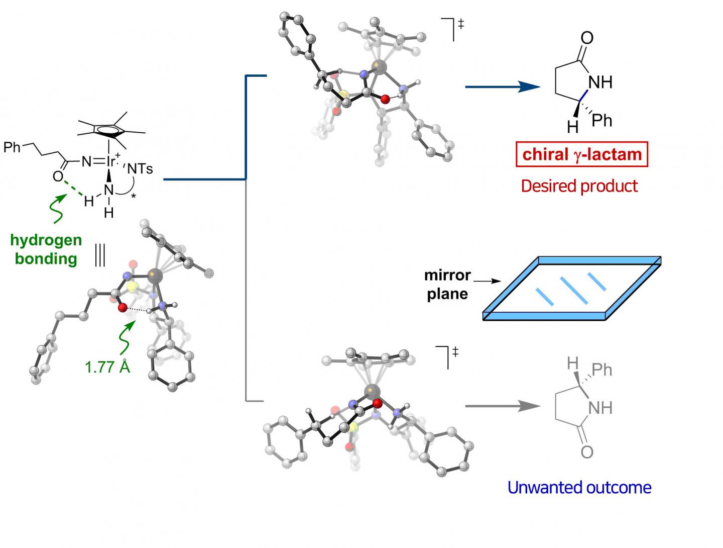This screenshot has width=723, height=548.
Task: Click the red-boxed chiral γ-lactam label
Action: pos(581,154)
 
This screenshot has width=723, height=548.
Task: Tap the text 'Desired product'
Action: pos(579,186)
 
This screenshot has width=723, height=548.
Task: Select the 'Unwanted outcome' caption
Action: pos(579,487)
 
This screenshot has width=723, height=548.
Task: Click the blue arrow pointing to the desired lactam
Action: pos(502,87)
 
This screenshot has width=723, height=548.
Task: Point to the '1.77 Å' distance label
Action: pos(107,367)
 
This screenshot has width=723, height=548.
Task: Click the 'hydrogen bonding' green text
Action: pos(46,249)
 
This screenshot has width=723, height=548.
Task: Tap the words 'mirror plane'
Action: pos(447,284)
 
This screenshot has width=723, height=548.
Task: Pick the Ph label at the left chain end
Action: pos(12,147)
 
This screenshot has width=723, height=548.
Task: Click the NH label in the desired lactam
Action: pos(600,82)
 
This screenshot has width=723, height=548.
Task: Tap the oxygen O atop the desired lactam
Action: pos(586,38)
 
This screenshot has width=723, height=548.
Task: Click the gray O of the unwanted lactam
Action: pos(586,452)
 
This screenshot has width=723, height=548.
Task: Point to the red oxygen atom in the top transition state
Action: pos(385,100)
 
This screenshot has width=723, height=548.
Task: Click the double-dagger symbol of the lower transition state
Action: pos(455,351)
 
